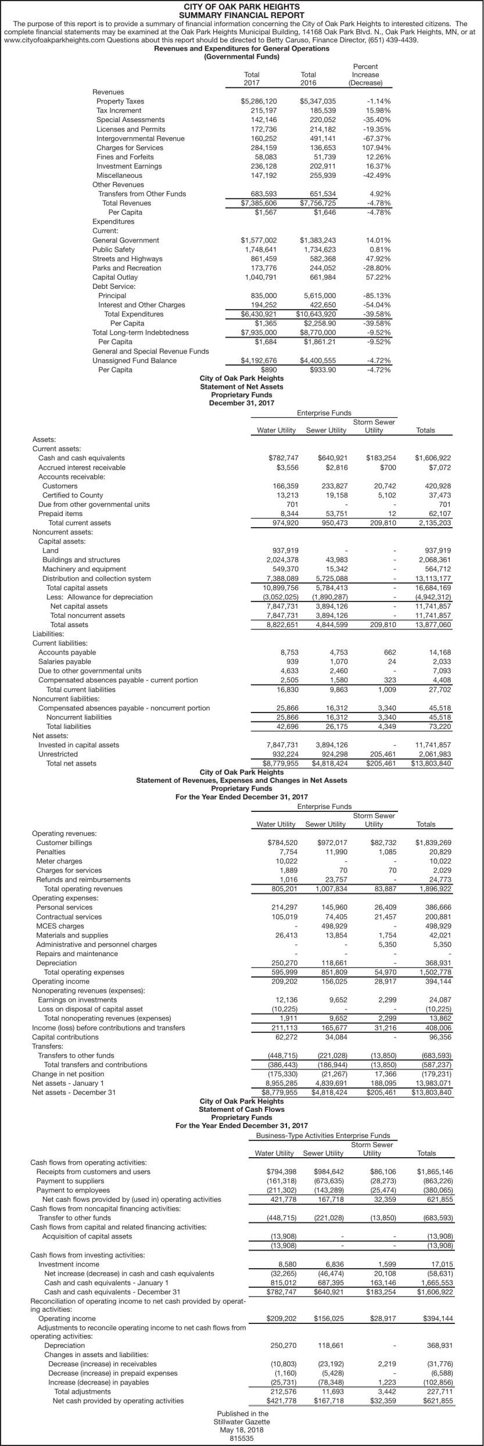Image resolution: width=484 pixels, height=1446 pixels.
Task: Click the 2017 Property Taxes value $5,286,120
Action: pyautogui.click(x=259, y=101)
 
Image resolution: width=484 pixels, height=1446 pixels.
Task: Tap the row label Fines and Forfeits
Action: pyautogui.click(x=125, y=157)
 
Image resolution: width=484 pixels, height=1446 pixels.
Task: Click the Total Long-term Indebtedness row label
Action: pyautogui.click(x=141, y=332)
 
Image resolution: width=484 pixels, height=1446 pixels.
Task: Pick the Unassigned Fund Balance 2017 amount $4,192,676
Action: pyautogui.click(x=259, y=360)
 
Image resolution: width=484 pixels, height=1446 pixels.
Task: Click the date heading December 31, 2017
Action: pyautogui.click(x=242, y=403)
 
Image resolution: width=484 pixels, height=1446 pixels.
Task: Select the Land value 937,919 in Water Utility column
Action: pyautogui.click(x=285, y=550)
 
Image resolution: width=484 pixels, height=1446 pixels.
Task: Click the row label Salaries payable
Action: pyautogui.click(x=64, y=661)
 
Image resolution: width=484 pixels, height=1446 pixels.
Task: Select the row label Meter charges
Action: pyautogui.click(x=59, y=861)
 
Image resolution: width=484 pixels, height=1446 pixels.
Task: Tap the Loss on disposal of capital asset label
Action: pyautogui.click(x=91, y=1009)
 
